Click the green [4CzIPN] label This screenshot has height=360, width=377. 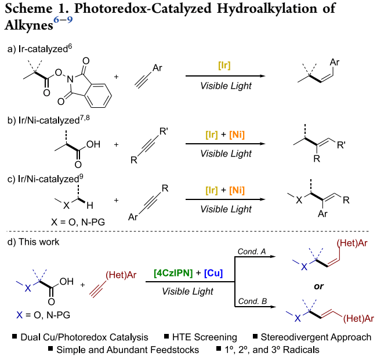click(174, 272)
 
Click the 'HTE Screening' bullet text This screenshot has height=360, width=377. click(207, 337)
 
